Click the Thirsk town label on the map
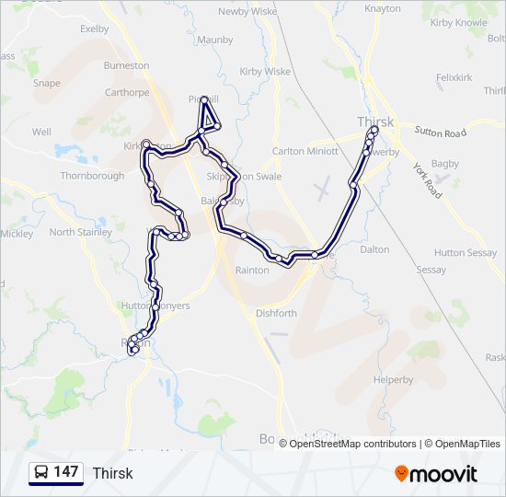(x=374, y=121)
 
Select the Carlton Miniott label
(x=305, y=151)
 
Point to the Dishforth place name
(x=275, y=313)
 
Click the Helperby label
(x=394, y=379)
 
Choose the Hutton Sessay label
(x=465, y=252)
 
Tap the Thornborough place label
(x=92, y=176)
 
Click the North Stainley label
(x=75, y=232)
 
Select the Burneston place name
(x=126, y=66)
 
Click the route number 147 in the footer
(x=65, y=472)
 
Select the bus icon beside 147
(x=41, y=473)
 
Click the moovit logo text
(x=445, y=474)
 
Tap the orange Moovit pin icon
(x=402, y=474)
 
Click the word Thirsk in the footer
(x=112, y=473)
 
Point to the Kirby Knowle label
(x=458, y=48)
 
